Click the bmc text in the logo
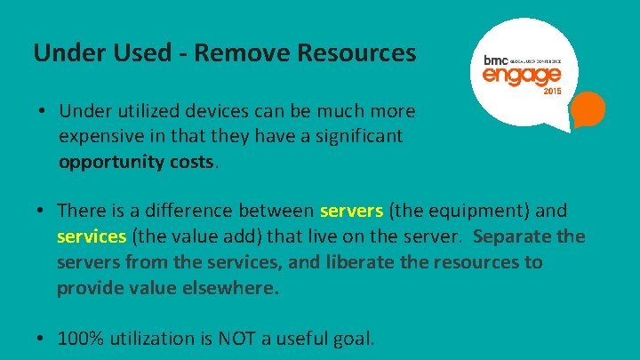[494, 60]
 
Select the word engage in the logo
[522, 76]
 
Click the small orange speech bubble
[588, 111]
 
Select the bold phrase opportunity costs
[137, 163]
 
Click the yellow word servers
[351, 212]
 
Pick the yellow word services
[92, 237]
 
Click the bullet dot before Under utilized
[42, 112]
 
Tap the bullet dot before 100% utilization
[42, 339]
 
